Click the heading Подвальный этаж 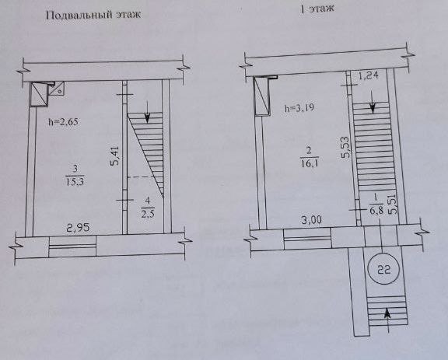93,15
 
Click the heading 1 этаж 317,9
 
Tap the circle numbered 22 383,270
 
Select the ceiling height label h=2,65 63,122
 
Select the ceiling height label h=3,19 299,108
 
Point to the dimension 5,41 115,156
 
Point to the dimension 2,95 78,228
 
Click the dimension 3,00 311,220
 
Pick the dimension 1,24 369,75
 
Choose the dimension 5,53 345,148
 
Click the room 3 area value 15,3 75,181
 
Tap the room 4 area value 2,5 148,213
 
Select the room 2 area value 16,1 310,163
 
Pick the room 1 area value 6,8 376,211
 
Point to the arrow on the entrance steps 387,320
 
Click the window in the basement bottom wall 72,246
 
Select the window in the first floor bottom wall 307,239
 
